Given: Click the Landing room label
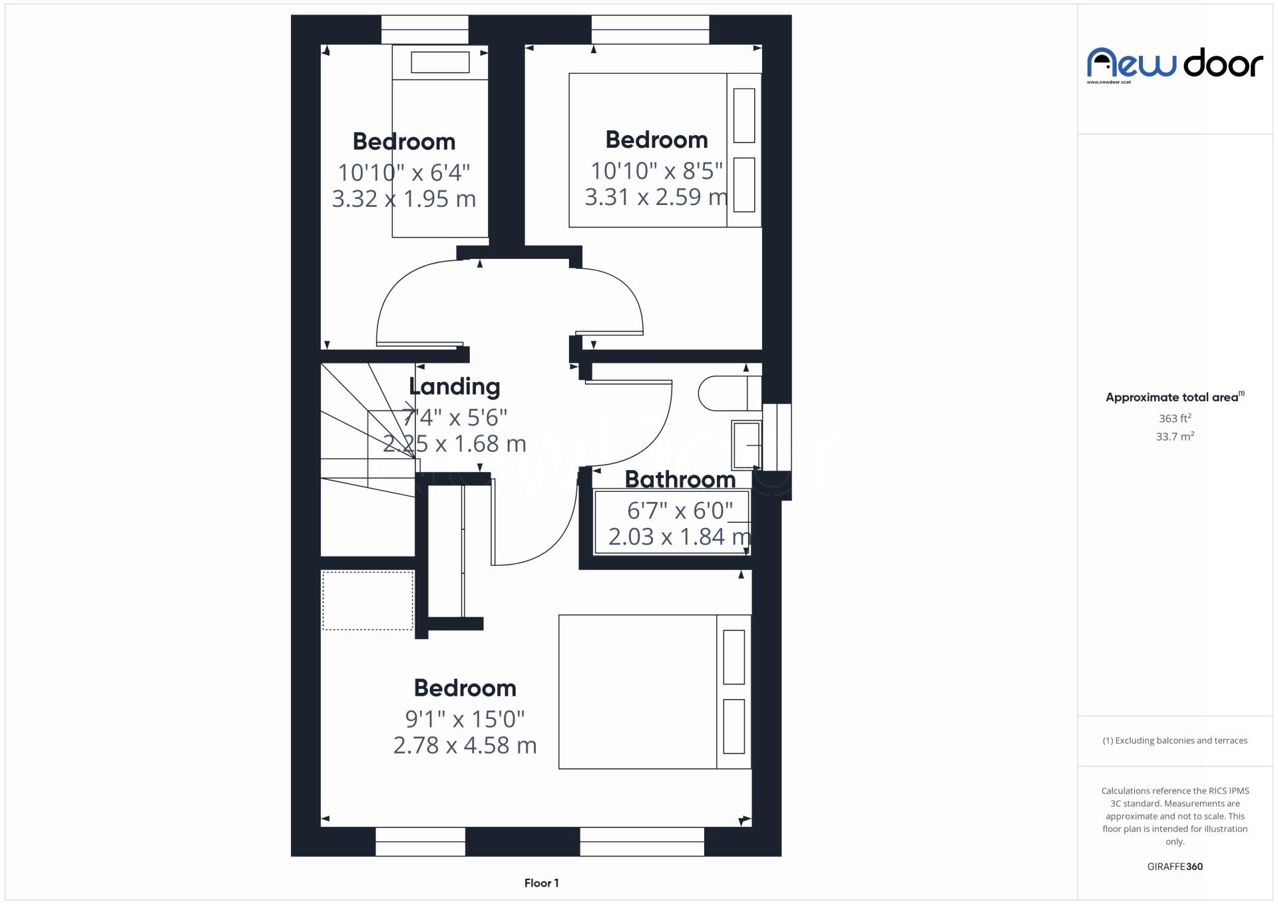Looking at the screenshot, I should pos(454,387).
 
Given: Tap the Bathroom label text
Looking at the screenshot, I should pos(680,479).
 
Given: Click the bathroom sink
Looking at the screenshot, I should pos(746,444).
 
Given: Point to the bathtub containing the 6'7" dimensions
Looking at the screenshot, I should pos(672,523).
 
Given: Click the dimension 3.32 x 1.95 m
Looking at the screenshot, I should pos(403,199).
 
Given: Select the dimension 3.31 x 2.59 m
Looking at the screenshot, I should pos(656,197).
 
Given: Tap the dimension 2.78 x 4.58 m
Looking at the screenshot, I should pos(465,746).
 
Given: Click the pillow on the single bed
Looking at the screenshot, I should pos(440,63).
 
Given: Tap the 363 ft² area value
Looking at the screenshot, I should pos(1174,419).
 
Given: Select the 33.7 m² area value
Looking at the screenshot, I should pos(1174,437).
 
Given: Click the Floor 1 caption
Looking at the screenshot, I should pos(541,883).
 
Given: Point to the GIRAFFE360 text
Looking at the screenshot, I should pos(1174,866).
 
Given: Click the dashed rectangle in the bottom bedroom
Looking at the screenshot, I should pos(367,600).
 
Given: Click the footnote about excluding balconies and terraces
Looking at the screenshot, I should pos(1174,740).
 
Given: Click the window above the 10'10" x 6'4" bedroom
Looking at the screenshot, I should pos(424,29).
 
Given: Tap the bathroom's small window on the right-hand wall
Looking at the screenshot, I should pos(776,437).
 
